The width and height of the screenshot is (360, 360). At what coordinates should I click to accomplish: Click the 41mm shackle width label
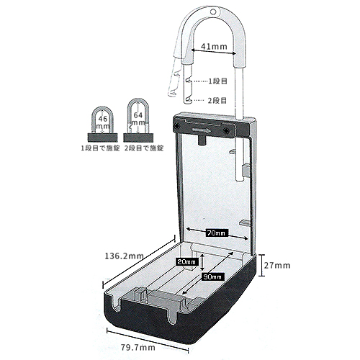pyautogui.click(x=214, y=46)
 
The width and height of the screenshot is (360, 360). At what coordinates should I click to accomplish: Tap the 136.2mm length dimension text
pyautogui.click(x=125, y=256)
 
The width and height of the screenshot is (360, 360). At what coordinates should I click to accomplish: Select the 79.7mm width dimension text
pyautogui.click(x=138, y=348)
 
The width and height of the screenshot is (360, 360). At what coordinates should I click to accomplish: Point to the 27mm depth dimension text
pyautogui.click(x=277, y=265)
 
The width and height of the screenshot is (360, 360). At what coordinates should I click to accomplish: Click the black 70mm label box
pyautogui.click(x=217, y=233)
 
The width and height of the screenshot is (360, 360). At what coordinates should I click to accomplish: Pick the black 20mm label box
pyautogui.click(x=187, y=262)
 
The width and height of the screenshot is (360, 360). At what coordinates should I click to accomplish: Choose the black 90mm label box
pyautogui.click(x=213, y=276)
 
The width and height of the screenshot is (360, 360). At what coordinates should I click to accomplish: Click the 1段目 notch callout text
pyautogui.click(x=217, y=81)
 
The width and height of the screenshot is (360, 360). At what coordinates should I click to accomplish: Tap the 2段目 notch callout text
pyautogui.click(x=217, y=100)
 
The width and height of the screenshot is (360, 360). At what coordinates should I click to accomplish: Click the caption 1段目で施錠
pyautogui.click(x=100, y=148)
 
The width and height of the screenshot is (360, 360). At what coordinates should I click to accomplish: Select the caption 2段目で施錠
pyautogui.click(x=144, y=148)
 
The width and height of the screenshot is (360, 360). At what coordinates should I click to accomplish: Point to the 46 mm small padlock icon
pyautogui.click(x=102, y=124)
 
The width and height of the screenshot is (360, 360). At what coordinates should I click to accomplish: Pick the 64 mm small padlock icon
pyautogui.click(x=138, y=120)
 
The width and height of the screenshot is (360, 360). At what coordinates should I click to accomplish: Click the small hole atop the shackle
pyautogui.click(x=213, y=12)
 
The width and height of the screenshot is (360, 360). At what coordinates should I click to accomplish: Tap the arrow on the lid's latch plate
pyautogui.click(x=202, y=130)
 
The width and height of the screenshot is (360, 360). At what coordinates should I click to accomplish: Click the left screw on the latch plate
pyautogui.click(x=177, y=125)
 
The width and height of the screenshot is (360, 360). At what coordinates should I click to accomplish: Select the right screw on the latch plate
pyautogui.click(x=226, y=131)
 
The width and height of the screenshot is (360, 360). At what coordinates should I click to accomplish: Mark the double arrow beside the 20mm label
pyautogui.click(x=203, y=262)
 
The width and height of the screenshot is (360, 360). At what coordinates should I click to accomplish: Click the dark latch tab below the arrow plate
pyautogui.click(x=202, y=140)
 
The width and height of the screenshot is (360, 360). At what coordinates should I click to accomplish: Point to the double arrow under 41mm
pyautogui.click(x=214, y=52)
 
